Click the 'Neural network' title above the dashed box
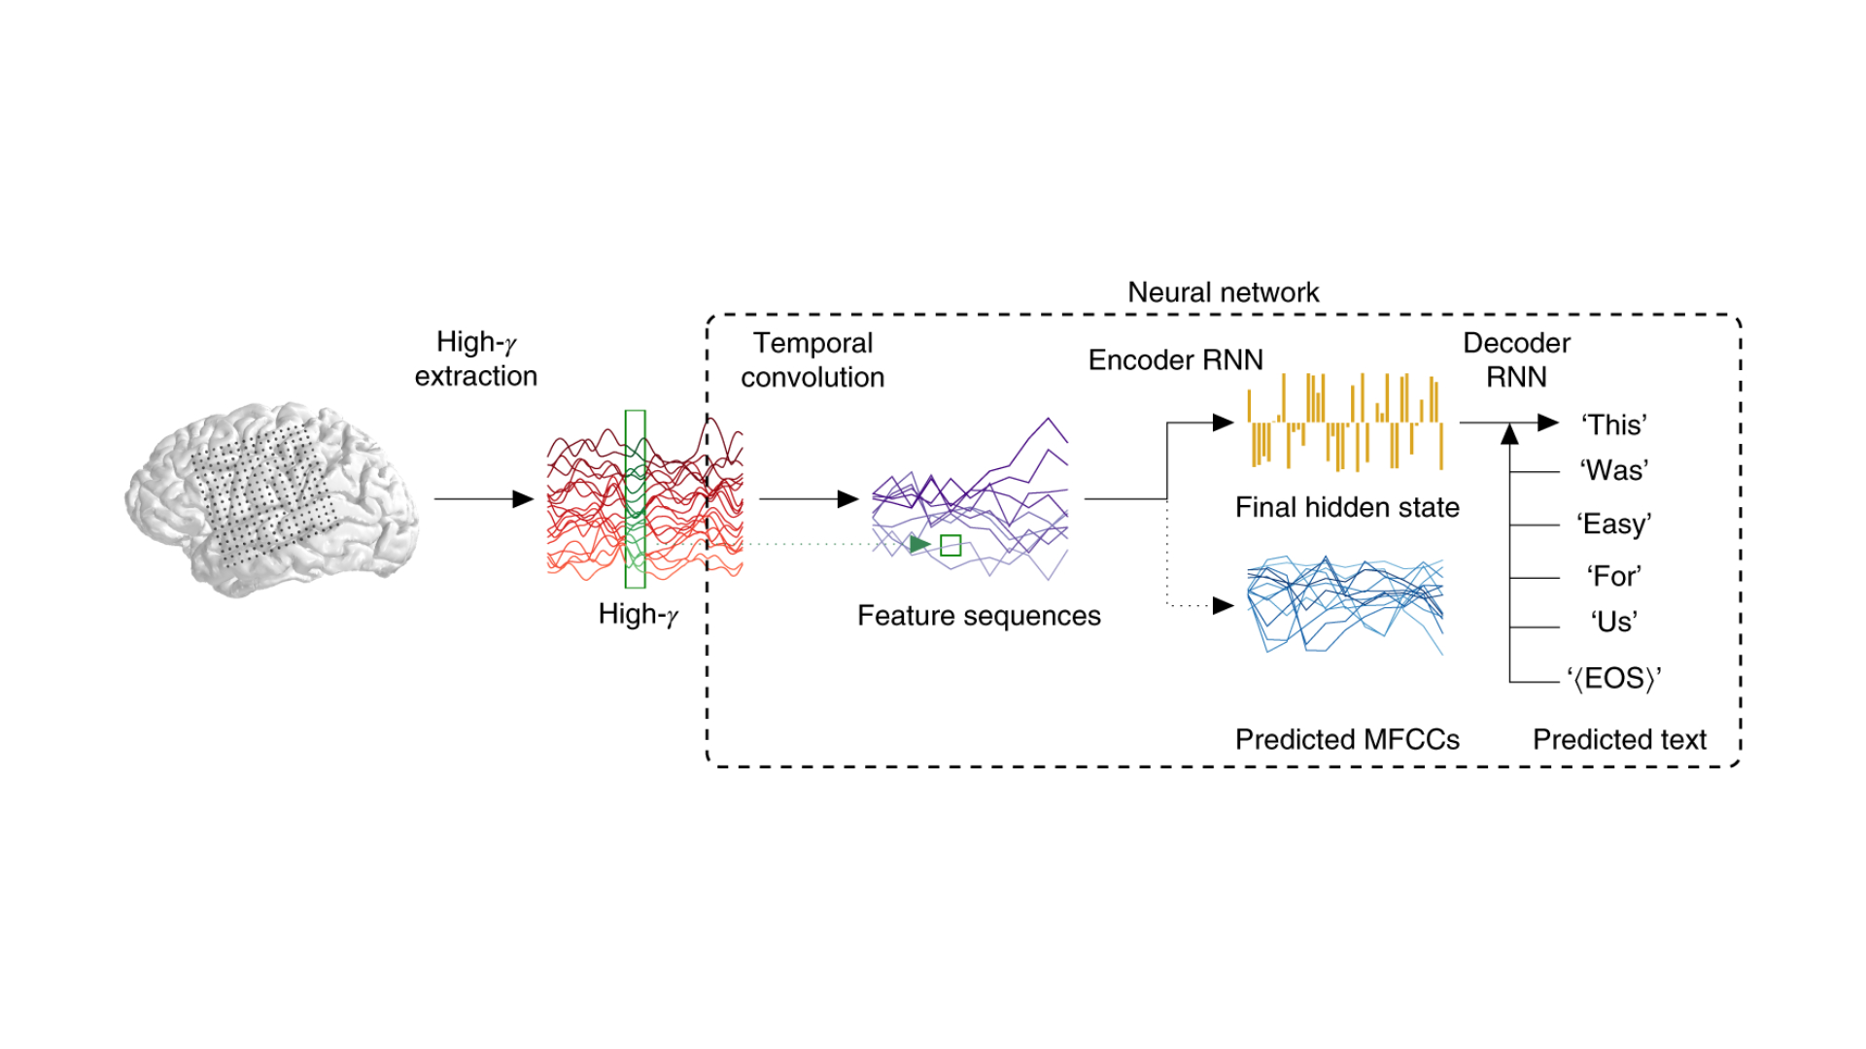tap(1223, 292)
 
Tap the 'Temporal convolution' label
tap(812, 360)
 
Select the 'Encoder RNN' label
tap(1175, 360)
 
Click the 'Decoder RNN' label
tap(1516, 360)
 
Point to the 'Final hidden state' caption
tap(1347, 507)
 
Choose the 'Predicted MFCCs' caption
tap(1347, 740)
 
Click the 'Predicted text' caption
tap(1619, 740)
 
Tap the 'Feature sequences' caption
tap(979, 616)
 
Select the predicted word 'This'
tap(1613, 424)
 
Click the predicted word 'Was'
tap(1613, 470)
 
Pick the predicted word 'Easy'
tap(1613, 524)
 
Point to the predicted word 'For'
tap(1613, 576)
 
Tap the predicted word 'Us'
tap(1613, 622)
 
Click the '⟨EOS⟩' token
tap(1613, 678)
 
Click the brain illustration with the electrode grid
tap(272, 499)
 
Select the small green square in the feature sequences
tap(950, 546)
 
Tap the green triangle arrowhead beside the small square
tap(919, 544)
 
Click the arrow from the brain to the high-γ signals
tap(484, 499)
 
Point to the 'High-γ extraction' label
tap(475, 359)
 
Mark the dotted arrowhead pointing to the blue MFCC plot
tap(1224, 606)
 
